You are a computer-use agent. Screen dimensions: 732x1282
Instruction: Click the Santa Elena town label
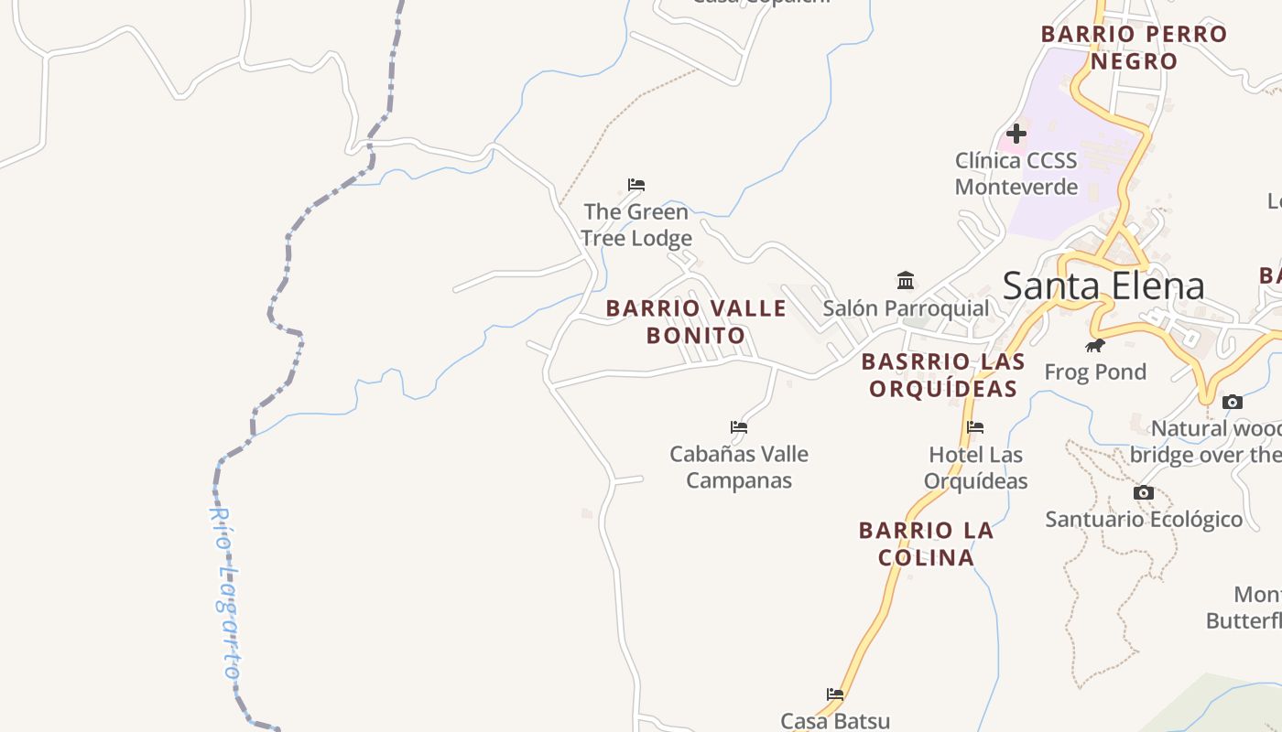(1103, 286)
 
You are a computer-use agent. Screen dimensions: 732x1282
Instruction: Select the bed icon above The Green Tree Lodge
(636, 185)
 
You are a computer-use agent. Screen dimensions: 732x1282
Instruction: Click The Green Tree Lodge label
(636, 225)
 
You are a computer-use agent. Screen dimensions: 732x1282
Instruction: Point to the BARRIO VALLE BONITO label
(696, 322)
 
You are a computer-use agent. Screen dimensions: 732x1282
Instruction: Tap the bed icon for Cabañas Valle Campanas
(739, 426)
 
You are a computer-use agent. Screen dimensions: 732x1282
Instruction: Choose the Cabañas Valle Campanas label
(739, 467)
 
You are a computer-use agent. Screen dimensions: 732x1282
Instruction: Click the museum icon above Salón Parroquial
(906, 280)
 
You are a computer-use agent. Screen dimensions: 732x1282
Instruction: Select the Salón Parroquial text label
(906, 308)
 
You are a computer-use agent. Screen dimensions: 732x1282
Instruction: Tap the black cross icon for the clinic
(1016, 134)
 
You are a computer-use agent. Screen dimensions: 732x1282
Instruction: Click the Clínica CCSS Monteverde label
(1016, 174)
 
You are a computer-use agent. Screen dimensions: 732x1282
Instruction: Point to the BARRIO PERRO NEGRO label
(1134, 48)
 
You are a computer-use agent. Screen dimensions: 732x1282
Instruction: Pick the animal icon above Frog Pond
(1094, 345)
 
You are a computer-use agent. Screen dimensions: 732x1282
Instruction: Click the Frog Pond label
(1095, 372)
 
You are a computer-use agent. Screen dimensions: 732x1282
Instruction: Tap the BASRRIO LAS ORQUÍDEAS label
(943, 375)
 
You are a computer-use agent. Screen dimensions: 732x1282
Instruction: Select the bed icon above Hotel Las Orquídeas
(975, 426)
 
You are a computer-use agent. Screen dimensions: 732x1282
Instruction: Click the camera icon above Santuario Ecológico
(1143, 492)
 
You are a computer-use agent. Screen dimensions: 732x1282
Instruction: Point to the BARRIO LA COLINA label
(926, 544)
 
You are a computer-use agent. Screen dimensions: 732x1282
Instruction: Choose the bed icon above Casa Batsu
(835, 694)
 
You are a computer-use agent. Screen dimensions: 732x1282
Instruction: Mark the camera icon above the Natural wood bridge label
(1233, 402)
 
